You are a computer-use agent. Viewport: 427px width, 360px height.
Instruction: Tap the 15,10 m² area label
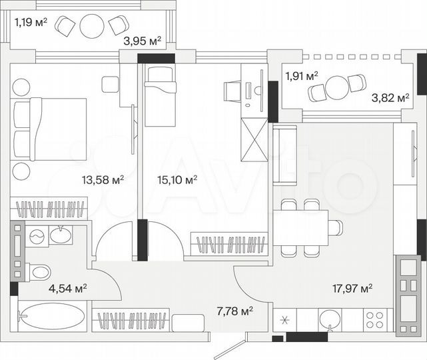pos(177,179)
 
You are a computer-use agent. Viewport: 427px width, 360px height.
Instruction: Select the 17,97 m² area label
pos(352,288)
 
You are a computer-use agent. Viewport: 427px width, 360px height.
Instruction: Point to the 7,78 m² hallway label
pos(233,311)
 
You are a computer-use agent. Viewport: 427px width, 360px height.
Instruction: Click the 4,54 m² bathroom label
pos(68,288)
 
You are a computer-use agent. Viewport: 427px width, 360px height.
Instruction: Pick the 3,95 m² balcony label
pos(142,41)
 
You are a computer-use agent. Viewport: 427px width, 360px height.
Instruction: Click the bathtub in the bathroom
pos(52,316)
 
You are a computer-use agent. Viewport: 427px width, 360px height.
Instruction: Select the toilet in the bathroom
pos(39,272)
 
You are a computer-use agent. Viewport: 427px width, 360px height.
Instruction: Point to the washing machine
pos(37,236)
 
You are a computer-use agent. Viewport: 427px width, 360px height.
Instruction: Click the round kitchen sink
pos(329,319)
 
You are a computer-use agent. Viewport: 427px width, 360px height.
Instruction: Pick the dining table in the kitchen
pos(300,227)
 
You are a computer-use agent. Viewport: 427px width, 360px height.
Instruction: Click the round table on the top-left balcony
pos(91,26)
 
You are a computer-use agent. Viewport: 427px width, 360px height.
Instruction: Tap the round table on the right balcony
pos(338,87)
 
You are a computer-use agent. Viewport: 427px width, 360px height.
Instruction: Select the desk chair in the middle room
pos(231,89)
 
